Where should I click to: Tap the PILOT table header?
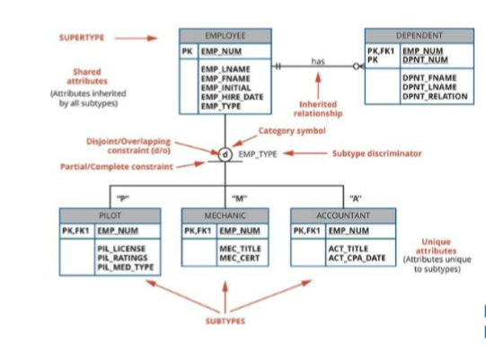(110, 215)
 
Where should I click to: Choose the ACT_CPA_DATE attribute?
(357, 258)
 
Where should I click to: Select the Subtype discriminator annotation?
(376, 154)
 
